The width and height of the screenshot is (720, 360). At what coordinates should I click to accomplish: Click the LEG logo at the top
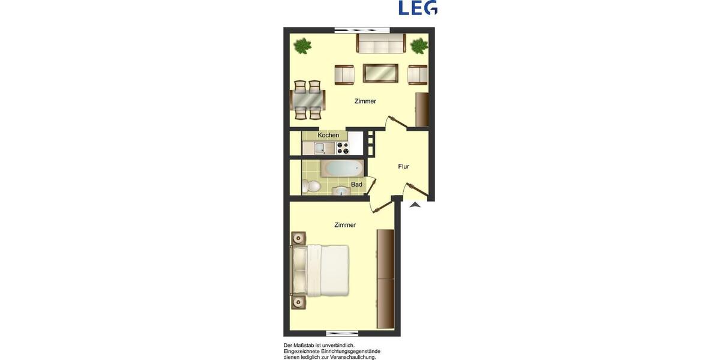coord(418,8)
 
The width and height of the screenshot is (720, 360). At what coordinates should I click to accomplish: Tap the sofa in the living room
coord(381,43)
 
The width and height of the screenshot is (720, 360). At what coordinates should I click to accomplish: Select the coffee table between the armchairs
coord(380,73)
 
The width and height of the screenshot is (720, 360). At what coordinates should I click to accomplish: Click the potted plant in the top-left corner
coord(303,46)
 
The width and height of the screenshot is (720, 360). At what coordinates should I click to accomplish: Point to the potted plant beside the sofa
coord(419,46)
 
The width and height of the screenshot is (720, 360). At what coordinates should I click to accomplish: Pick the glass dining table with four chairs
coord(308,100)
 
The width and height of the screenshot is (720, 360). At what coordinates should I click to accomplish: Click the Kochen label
coord(328,136)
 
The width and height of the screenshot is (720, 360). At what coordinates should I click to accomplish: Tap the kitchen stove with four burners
coord(343,148)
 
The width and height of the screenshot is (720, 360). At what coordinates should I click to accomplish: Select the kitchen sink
coord(320,149)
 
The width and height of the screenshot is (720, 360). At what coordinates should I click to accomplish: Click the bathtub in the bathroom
coord(342,168)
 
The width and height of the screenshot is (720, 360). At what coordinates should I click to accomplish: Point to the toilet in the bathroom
coord(311,186)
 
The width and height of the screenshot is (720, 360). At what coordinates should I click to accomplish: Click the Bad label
coord(356,185)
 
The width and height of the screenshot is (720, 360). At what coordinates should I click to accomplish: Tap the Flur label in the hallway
coord(404,167)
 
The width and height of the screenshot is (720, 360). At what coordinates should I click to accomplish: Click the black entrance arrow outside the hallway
coord(415,205)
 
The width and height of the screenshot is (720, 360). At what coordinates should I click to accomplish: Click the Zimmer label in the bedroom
coord(345,225)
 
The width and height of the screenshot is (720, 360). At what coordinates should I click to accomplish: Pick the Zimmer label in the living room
coord(365,101)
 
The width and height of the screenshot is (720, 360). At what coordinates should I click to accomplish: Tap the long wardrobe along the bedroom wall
coord(385,278)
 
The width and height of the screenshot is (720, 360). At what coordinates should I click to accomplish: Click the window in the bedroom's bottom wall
coord(342,333)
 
